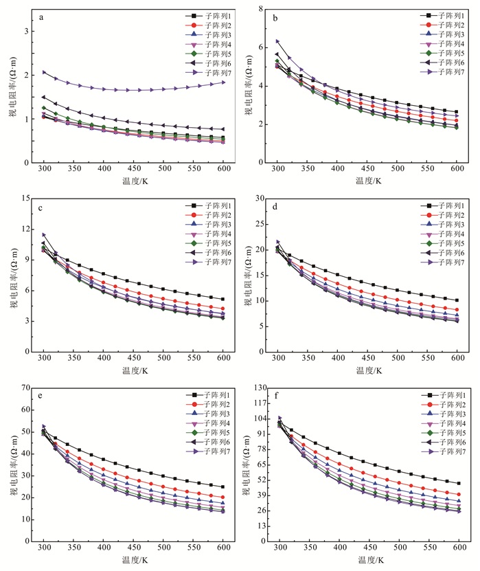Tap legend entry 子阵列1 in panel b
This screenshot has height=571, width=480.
pos(439,15)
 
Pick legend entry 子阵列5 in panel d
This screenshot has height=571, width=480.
pos(439,244)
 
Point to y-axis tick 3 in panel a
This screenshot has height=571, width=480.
pos(27,32)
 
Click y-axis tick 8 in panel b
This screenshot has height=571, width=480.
pos(262,9)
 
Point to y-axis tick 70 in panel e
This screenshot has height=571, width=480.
pos(25,389)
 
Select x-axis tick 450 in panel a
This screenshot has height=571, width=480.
pos(133,168)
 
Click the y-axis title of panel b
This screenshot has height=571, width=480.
pos(245,87)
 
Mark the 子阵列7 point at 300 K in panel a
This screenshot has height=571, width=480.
pos(44,72)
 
